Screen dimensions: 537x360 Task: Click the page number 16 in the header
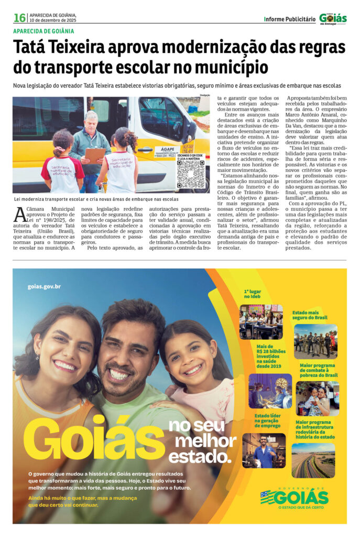(x=19, y=18)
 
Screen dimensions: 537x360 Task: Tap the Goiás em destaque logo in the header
(x=333, y=18)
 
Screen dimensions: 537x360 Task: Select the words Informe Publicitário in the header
(x=290, y=19)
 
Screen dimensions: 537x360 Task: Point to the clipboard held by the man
(x=95, y=155)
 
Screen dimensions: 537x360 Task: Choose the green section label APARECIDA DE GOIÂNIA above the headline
(x=43, y=31)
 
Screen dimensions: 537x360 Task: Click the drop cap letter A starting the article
(x=20, y=214)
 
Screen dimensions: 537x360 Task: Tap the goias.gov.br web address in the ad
(x=44, y=286)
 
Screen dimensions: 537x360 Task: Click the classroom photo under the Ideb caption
(x=261, y=321)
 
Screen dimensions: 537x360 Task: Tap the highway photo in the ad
(x=313, y=460)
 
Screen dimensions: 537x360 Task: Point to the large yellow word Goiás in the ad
(x=94, y=436)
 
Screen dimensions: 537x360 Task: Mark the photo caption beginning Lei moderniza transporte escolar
(x=95, y=199)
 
